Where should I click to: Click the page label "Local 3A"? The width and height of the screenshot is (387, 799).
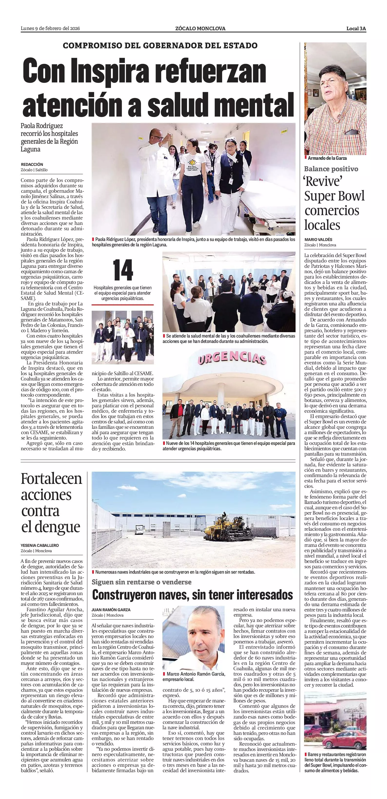[x=356, y=29]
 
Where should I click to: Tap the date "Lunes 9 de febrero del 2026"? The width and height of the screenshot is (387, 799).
[x=50, y=29]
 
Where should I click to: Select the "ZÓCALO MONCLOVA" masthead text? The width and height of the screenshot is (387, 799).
[x=200, y=29]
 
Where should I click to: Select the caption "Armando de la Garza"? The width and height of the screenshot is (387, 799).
[x=327, y=158]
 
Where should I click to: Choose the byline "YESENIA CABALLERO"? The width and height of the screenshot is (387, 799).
[x=40, y=545]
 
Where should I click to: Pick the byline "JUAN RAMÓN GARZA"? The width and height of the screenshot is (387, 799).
[x=111, y=609]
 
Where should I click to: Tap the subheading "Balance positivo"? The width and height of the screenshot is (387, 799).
[x=331, y=169]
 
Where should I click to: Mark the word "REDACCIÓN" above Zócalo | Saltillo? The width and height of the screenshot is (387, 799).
[x=32, y=164]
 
